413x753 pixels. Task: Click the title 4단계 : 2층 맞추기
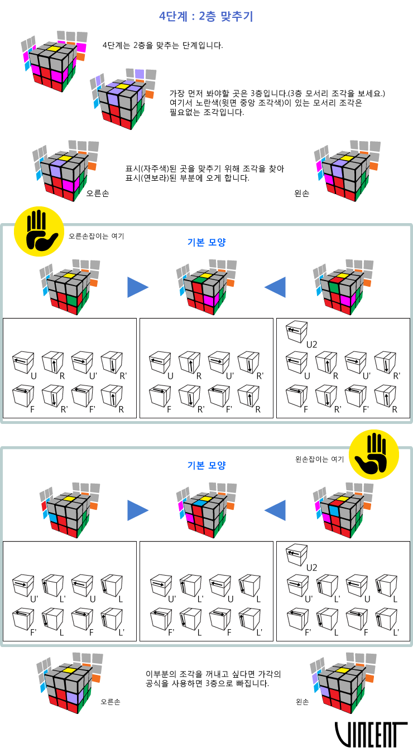tap(206, 16)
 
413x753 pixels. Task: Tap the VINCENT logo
tap(371, 735)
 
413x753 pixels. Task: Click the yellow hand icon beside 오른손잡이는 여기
tap(39, 231)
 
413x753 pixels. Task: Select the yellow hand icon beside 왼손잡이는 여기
tap(374, 455)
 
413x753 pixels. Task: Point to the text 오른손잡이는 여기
tap(97, 236)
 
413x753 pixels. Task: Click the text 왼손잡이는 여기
tap(319, 459)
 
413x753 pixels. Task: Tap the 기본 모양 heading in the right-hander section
tap(206, 242)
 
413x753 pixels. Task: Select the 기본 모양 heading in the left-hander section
tap(206, 465)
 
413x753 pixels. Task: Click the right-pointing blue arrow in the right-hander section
tap(138, 287)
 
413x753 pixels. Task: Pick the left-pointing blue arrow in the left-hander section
tap(275, 510)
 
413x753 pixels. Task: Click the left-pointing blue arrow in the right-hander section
tap(275, 287)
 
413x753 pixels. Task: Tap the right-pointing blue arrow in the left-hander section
tap(138, 510)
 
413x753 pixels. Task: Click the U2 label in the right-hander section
tap(312, 345)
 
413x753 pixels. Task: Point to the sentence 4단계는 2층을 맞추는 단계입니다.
tap(163, 45)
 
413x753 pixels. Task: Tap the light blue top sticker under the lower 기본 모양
tap(199, 503)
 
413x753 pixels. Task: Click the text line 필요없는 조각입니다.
tap(207, 112)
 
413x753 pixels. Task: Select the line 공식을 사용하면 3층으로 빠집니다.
tap(208, 683)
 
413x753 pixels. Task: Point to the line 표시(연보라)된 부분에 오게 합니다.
tap(188, 178)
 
